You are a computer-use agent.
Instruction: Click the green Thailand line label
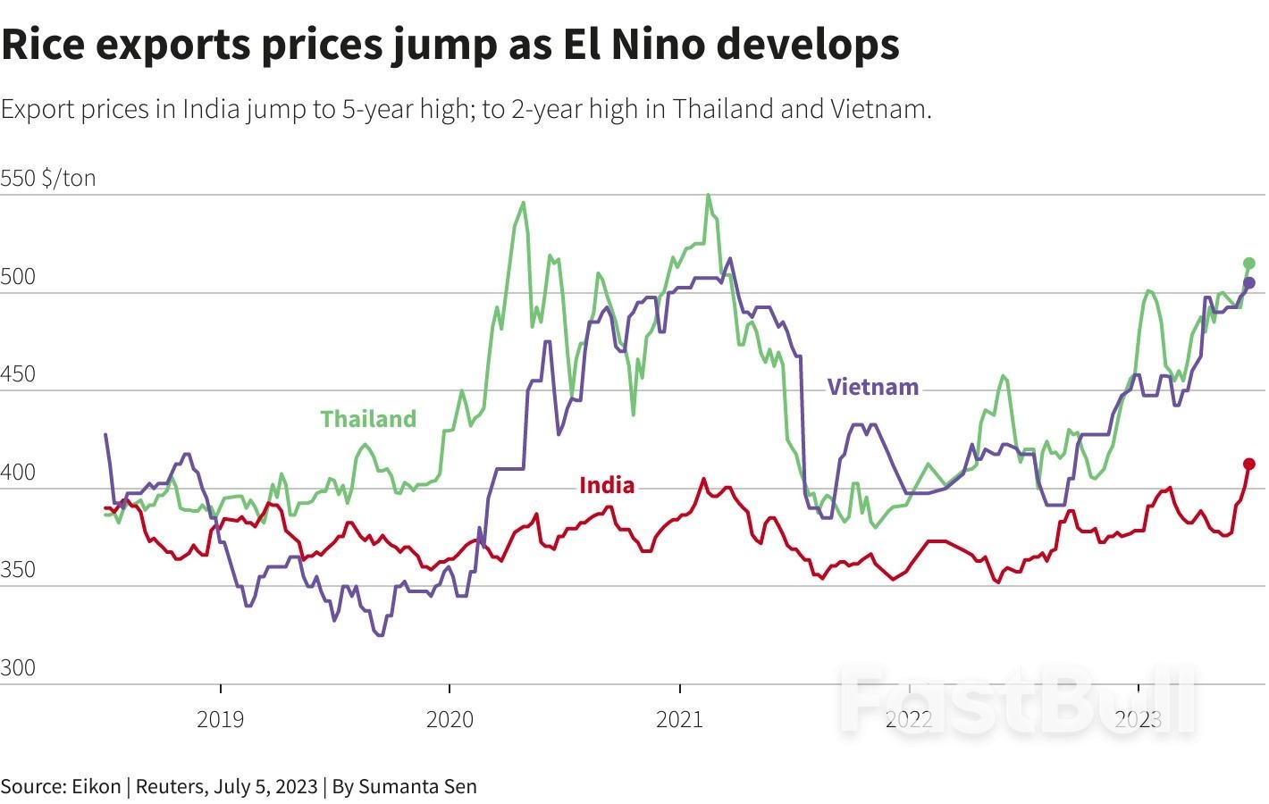(x=368, y=419)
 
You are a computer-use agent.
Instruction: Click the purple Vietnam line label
(x=872, y=387)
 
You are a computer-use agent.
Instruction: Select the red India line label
(x=607, y=485)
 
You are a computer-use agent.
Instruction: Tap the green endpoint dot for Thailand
(x=1249, y=264)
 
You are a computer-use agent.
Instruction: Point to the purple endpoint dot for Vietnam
(x=1249, y=283)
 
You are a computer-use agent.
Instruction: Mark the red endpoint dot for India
(x=1249, y=464)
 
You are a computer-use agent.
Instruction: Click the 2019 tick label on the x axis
(x=220, y=718)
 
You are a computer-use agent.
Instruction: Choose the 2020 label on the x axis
(x=450, y=718)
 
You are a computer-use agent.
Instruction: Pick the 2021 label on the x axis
(x=679, y=718)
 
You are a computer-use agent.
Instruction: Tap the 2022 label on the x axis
(x=909, y=718)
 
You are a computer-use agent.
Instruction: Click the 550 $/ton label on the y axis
(x=48, y=178)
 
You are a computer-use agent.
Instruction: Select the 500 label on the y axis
(x=18, y=277)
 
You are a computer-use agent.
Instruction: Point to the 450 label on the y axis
(x=18, y=374)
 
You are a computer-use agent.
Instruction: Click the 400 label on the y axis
(x=18, y=473)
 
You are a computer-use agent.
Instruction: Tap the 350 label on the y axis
(x=18, y=570)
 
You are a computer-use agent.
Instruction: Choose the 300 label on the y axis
(x=18, y=668)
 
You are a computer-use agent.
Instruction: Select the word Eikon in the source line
(x=97, y=787)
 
